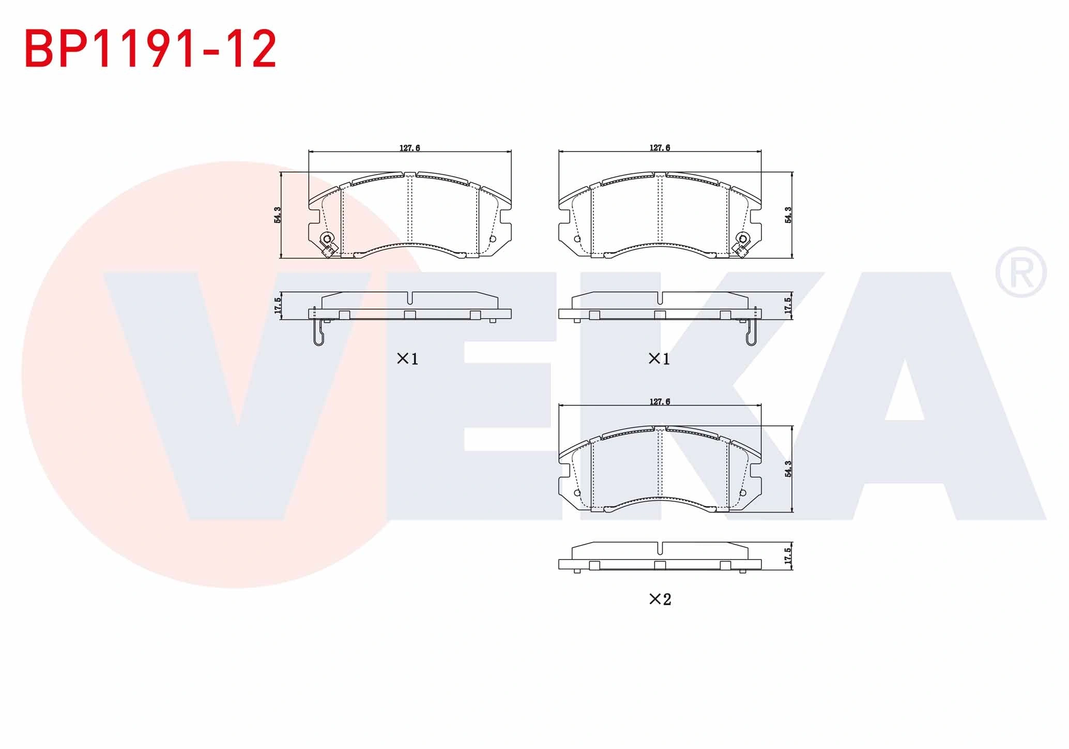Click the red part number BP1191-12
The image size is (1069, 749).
[150, 49]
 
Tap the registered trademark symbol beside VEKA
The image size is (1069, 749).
[1020, 272]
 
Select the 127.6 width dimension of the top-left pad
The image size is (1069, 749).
[409, 148]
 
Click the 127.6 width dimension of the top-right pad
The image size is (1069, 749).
[660, 148]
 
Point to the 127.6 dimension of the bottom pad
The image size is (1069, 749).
[660, 402]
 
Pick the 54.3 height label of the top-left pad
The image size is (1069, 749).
[278, 215]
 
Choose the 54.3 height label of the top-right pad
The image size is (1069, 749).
[788, 215]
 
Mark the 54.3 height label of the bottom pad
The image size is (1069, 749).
[788, 469]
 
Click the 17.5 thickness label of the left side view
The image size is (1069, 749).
[278, 306]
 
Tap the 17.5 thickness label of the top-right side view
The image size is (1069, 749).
[788, 306]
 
